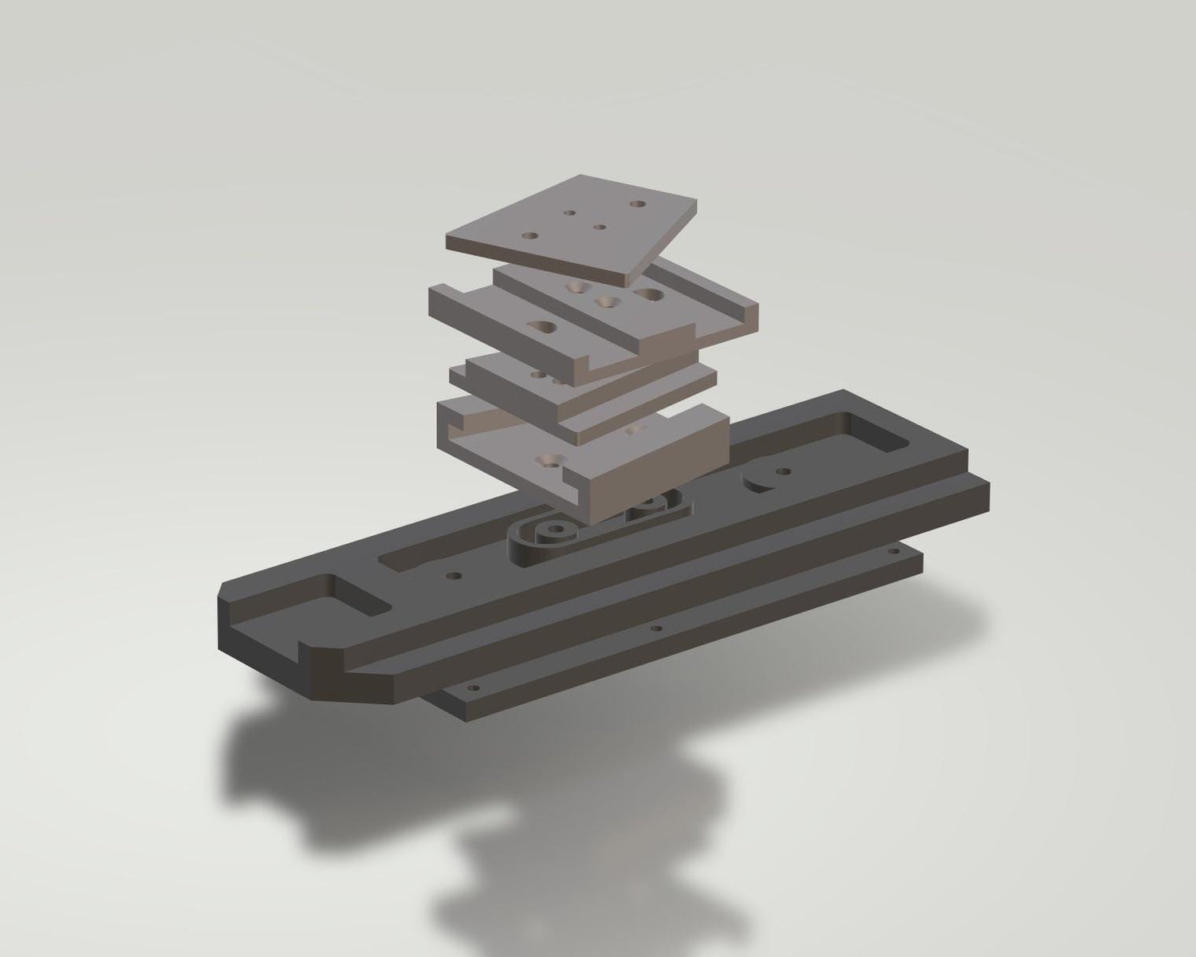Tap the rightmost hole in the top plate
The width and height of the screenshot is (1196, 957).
636,204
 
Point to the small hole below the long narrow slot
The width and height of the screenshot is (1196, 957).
454,574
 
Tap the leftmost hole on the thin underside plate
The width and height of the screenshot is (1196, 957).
473,687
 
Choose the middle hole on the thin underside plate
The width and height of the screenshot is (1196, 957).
657,628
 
